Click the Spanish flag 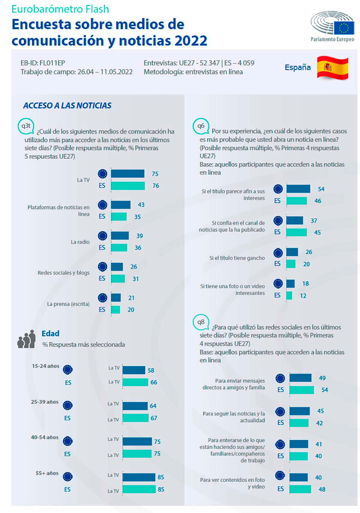(x=332, y=68)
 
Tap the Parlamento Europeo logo (x=332, y=26)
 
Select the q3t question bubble (x=26, y=126)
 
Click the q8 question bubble (x=201, y=322)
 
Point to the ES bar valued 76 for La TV (x=128, y=186)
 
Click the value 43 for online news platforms (x=141, y=205)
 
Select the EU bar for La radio (x=120, y=236)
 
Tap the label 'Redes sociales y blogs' (x=64, y=273)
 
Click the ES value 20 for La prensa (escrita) (x=131, y=310)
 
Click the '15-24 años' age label (x=46, y=366)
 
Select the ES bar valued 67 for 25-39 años (x=135, y=418)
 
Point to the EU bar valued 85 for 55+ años (x=139, y=477)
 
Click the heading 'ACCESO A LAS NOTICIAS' (x=67, y=106)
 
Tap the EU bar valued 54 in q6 (x=298, y=189)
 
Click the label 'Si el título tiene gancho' (x=237, y=258)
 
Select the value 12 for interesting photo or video (x=303, y=296)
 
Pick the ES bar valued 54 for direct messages (x=302, y=390)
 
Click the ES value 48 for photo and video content (x=322, y=489)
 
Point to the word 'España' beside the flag (x=298, y=67)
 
